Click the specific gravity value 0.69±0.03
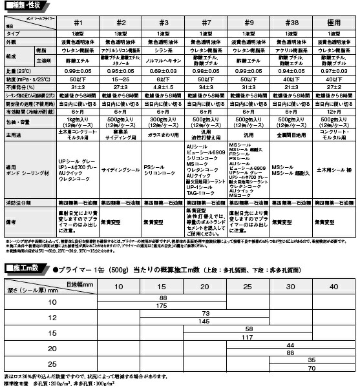[164, 69]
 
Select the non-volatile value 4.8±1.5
[164, 86]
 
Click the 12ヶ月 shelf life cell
[334, 110]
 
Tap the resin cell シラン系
[164, 50]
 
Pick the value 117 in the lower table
[246, 337]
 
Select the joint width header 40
[333, 286]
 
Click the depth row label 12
[52, 317]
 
